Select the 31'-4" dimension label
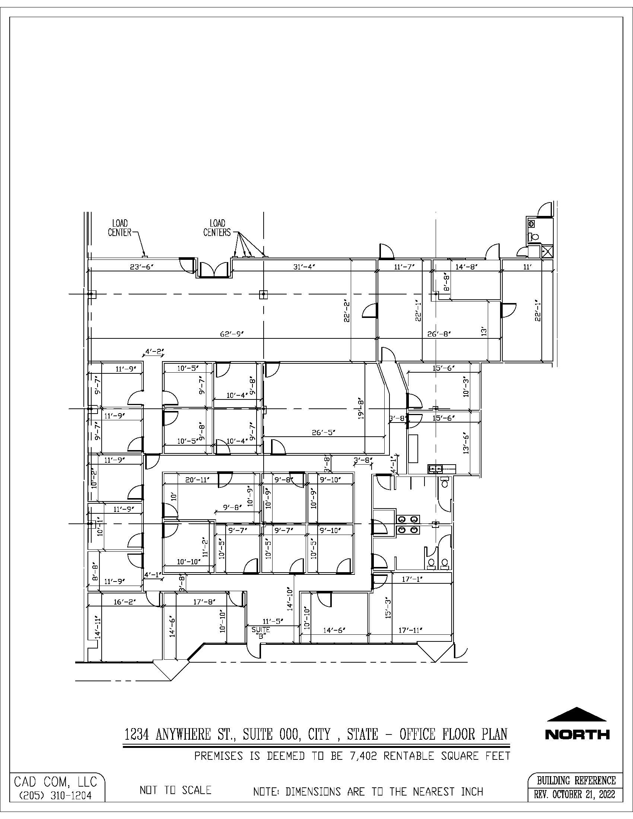pyautogui.click(x=303, y=267)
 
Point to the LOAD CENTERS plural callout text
pyautogui.click(x=217, y=228)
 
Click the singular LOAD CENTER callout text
pyautogui.click(x=120, y=228)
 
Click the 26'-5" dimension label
pyautogui.click(x=324, y=432)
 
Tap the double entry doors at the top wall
pyautogui.click(x=214, y=270)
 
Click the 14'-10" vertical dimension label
pyautogui.click(x=289, y=599)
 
